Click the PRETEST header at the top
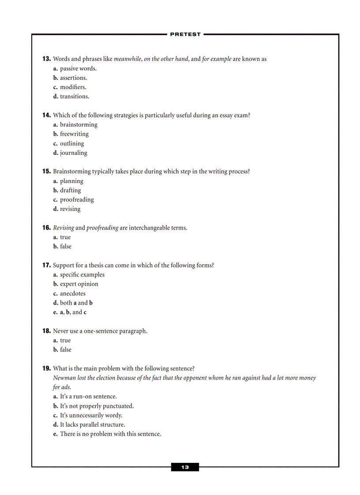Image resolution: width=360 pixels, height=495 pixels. pyautogui.click(x=185, y=34)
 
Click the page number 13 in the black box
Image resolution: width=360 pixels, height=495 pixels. pyautogui.click(x=185, y=467)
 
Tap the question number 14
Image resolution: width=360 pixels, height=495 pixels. pyautogui.click(x=46, y=115)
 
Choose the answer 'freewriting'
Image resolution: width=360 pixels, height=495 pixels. pyautogui.click(x=74, y=134)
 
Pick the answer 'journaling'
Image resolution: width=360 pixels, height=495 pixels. pyautogui.click(x=73, y=153)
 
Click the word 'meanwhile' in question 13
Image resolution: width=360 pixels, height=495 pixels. pyautogui.click(x=127, y=59)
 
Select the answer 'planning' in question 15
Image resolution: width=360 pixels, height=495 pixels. pyautogui.click(x=71, y=181)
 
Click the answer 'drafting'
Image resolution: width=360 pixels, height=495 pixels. pyautogui.click(x=70, y=190)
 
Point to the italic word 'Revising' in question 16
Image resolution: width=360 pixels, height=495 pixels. pyautogui.click(x=64, y=228)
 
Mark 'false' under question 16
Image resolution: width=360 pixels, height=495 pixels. pyautogui.click(x=65, y=246)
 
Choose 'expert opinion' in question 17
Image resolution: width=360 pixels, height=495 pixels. pyautogui.click(x=79, y=284)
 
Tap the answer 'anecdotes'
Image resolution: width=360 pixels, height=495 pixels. pyautogui.click(x=73, y=294)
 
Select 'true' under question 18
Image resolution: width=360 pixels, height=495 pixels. pyautogui.click(x=65, y=340)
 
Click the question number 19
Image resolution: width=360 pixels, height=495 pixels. pyautogui.click(x=46, y=368)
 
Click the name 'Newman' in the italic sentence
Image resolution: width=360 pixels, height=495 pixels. pyautogui.click(x=64, y=378)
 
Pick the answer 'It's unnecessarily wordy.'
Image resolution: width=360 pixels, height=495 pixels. pyautogui.click(x=91, y=415)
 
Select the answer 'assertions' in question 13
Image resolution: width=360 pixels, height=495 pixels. pyautogui.click(x=73, y=78)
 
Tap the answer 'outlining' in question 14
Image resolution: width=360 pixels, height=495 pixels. pyautogui.click(x=72, y=144)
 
